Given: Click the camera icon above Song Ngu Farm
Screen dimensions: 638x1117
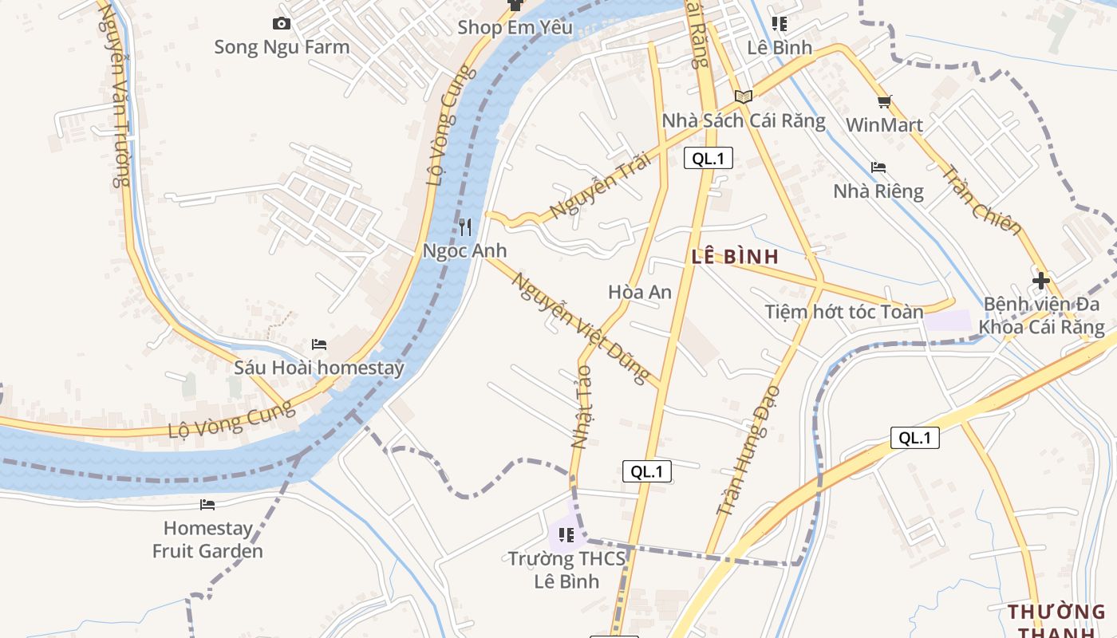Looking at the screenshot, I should pyautogui.click(x=281, y=24).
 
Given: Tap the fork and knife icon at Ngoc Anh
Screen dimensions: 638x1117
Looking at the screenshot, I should pyautogui.click(x=465, y=227).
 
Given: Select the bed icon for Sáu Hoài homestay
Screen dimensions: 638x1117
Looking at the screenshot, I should pyautogui.click(x=319, y=345).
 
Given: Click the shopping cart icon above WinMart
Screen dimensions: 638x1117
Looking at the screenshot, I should pyautogui.click(x=884, y=101).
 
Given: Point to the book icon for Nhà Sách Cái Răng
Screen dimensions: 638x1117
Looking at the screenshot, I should pyautogui.click(x=744, y=96).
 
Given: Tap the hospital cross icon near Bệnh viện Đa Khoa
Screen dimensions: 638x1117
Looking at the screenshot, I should pyautogui.click(x=1040, y=281).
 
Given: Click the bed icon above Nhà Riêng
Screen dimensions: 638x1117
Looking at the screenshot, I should pyautogui.click(x=878, y=167).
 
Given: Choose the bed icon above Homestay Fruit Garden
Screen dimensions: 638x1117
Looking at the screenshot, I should pyautogui.click(x=207, y=504).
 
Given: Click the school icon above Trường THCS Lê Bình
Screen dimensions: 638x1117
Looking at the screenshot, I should pyautogui.click(x=566, y=534).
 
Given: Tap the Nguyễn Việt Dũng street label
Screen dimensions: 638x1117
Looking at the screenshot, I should pyautogui.click(x=580, y=329).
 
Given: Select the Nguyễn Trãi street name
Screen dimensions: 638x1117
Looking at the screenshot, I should pyautogui.click(x=600, y=186).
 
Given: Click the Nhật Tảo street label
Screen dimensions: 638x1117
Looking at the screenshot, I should pyautogui.click(x=582, y=407).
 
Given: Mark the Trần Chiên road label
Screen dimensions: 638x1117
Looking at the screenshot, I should pyautogui.click(x=981, y=199).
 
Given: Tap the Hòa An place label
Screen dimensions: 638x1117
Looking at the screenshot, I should pyautogui.click(x=640, y=292).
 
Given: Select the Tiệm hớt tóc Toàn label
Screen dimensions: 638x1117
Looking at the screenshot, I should pyautogui.click(x=844, y=312).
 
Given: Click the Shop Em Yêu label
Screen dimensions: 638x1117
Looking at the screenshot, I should pyautogui.click(x=515, y=28).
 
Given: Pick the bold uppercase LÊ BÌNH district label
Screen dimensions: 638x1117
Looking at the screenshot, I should pyautogui.click(x=735, y=257).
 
